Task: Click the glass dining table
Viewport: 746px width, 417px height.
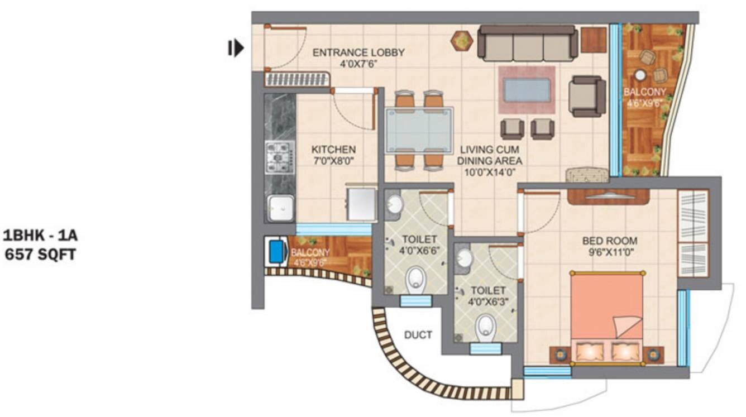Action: (x=419, y=130)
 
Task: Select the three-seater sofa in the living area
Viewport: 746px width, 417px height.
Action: (x=528, y=44)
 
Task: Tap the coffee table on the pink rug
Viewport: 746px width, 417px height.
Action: (x=527, y=90)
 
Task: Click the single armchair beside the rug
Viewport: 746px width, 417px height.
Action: (x=587, y=96)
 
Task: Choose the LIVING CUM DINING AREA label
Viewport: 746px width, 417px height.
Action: (x=489, y=161)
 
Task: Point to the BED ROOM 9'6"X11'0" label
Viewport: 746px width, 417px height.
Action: (x=609, y=247)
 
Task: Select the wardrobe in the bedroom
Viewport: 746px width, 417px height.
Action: (x=692, y=233)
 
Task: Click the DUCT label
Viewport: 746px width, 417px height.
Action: (x=418, y=335)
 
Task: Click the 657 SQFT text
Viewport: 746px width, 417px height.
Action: (x=40, y=255)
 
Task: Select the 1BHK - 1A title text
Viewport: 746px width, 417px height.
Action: (x=40, y=235)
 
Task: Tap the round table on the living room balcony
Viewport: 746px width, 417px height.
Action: (x=640, y=75)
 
